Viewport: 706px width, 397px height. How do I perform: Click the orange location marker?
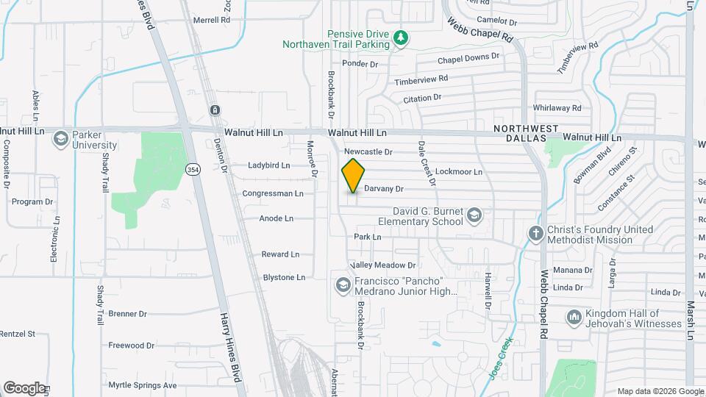[353, 175]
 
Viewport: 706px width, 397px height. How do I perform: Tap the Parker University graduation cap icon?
[60, 138]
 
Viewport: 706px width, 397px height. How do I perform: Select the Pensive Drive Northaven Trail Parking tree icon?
[400, 37]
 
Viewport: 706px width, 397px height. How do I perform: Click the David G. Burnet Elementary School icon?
[474, 215]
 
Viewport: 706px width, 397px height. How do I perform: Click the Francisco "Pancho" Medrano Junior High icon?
[342, 284]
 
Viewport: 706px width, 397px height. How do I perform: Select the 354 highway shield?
[193, 170]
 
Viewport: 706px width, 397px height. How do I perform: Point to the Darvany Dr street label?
[384, 189]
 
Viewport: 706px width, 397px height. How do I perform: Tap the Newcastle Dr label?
[369, 151]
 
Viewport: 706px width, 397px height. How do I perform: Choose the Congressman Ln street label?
[273, 194]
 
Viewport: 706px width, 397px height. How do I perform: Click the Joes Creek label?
[499, 359]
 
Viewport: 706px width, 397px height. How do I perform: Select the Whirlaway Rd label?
[557, 107]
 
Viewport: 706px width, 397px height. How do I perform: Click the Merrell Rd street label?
[212, 21]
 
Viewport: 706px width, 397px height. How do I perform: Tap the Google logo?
[24, 387]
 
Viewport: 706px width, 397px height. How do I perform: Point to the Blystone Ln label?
[284, 278]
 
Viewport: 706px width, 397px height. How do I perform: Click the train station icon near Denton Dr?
[214, 110]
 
